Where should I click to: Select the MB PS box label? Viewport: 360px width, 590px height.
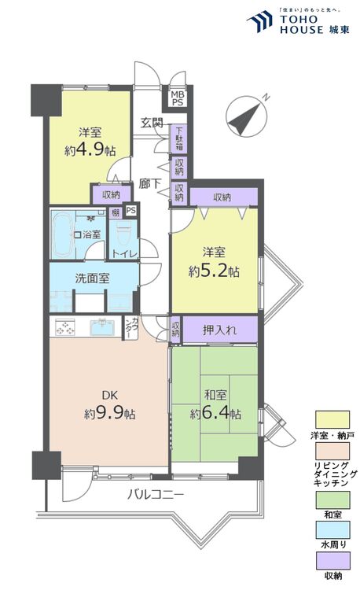tap(176, 98)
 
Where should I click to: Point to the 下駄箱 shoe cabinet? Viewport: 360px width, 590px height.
tap(180, 138)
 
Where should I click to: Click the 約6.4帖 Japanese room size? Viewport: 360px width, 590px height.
tap(215, 413)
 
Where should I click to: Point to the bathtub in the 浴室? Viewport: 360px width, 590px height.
tap(61, 235)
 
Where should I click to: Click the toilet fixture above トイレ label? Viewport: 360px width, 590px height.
tap(123, 232)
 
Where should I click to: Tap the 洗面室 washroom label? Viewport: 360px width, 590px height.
tap(92, 278)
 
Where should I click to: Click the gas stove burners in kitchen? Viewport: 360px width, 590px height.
tap(64, 328)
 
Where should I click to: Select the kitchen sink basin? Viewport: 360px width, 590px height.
tap(101, 328)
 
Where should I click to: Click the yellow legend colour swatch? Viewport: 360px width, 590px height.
tap(331, 421)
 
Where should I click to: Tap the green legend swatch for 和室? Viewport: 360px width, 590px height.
tap(331, 500)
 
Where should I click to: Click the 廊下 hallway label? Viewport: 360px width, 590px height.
tap(150, 183)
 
